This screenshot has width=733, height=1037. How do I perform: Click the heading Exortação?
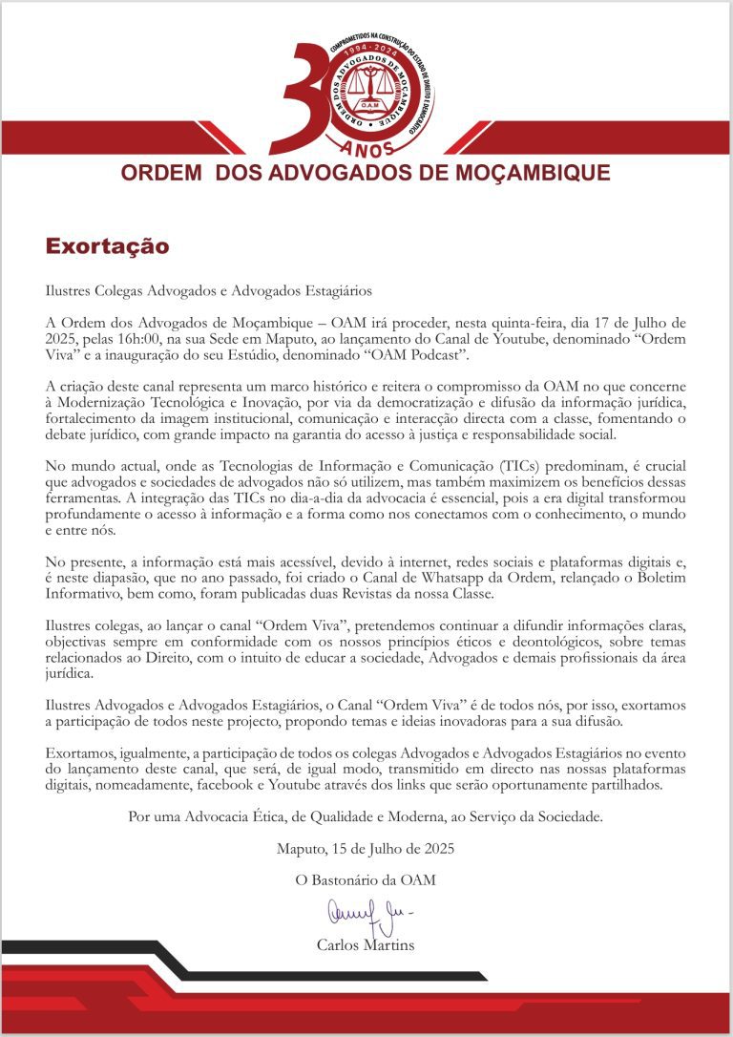pyautogui.click(x=107, y=246)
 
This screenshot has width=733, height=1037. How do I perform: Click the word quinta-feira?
pyautogui.click(x=552, y=323)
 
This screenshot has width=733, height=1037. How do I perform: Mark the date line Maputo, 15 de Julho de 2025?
pyautogui.click(x=366, y=848)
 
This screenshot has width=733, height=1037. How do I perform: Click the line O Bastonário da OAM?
pyautogui.click(x=366, y=880)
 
